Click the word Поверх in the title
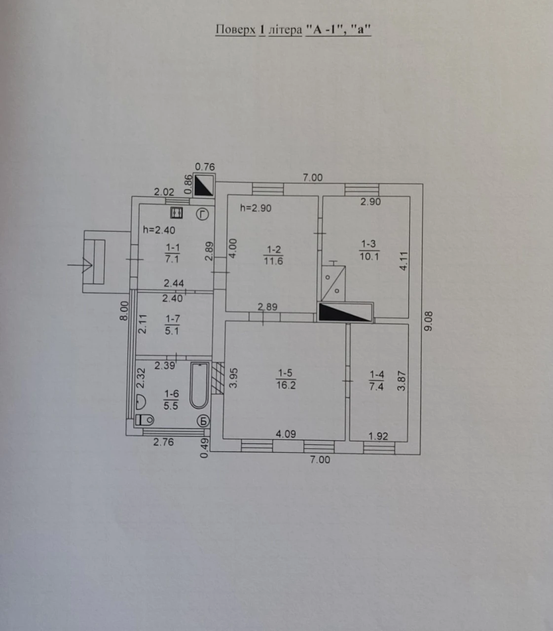point(235,30)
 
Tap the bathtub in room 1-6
point(199,386)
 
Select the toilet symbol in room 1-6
point(145,420)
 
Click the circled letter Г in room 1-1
point(202,214)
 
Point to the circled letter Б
point(203,421)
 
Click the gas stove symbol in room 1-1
point(177,213)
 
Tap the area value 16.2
point(286,385)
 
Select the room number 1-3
point(369,244)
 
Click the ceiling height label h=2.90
point(256,208)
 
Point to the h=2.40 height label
point(159,230)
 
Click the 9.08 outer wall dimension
point(429,321)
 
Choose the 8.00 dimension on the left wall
point(124,311)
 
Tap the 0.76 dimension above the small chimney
point(205,167)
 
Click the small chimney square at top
point(204,185)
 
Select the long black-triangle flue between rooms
point(345,313)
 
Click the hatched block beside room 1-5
point(218,378)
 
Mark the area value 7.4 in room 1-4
point(376,386)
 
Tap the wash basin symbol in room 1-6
point(141,401)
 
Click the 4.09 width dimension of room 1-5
point(286,434)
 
